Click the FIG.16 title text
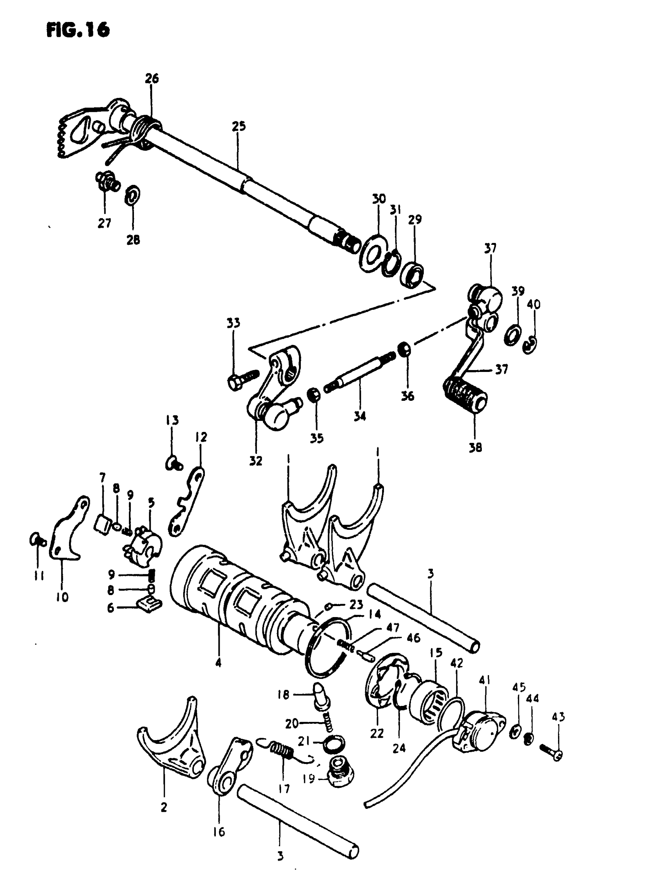pyautogui.click(x=78, y=30)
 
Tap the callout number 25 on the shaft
pyautogui.click(x=239, y=126)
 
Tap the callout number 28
pyautogui.click(x=133, y=239)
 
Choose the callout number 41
pyautogui.click(x=485, y=680)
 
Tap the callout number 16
pyautogui.click(x=219, y=832)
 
